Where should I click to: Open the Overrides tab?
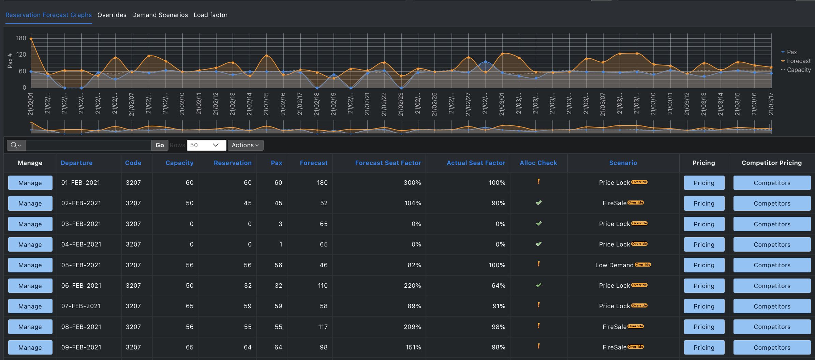pos(112,15)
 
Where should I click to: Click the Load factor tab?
pos(210,15)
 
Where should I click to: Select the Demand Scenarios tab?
pos(160,15)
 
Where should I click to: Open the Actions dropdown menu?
pos(245,145)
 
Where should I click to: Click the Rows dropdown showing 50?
pos(206,145)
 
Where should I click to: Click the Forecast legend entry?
pos(798,61)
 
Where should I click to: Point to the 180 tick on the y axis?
pos(21,38)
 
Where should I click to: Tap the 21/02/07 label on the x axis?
pos(132,104)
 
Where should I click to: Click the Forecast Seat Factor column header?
pos(388,163)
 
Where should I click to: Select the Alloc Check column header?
pos(538,163)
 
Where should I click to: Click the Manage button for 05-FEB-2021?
pos(30,265)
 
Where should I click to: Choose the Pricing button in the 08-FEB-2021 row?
pos(704,327)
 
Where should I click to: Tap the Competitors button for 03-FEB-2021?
pos(772,224)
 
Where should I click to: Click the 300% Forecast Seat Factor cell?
pos(412,183)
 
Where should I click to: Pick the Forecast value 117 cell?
pos(323,327)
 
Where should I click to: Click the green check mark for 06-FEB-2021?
pos(538,285)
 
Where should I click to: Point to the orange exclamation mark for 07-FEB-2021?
pos(538,305)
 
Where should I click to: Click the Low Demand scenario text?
pos(614,265)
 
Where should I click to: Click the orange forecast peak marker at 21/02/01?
pos(31,39)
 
